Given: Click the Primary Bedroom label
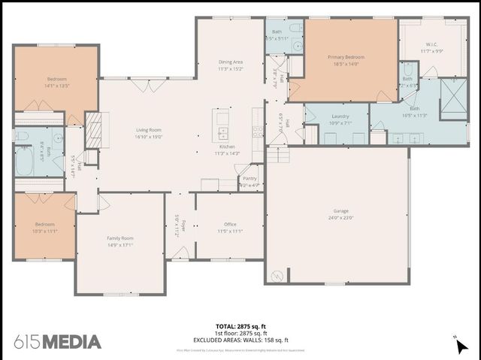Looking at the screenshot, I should (x=345, y=57).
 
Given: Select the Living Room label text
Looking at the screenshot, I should (x=149, y=130).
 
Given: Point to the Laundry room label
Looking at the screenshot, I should (x=340, y=116).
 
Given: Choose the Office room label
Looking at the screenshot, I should (x=231, y=224).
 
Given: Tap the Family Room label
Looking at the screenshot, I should (x=120, y=237).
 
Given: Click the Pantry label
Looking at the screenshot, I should (x=250, y=178).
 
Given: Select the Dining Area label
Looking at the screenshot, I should (x=231, y=62).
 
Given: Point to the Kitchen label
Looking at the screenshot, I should (x=227, y=147).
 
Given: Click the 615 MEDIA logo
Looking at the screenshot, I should (x=57, y=342).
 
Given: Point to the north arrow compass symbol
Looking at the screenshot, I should (x=460, y=346).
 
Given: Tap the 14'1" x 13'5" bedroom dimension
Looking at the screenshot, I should (x=58, y=86).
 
